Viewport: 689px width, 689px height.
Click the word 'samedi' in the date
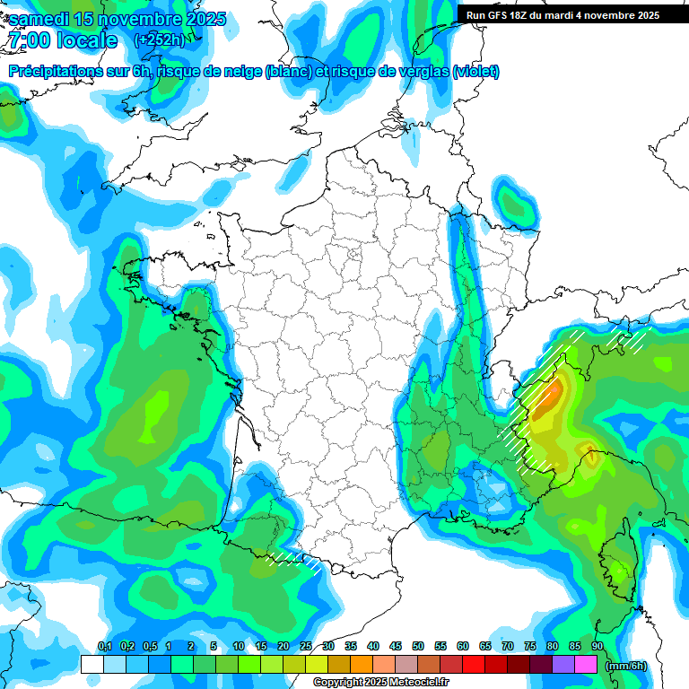(39, 20)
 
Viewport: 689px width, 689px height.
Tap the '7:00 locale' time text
(63, 40)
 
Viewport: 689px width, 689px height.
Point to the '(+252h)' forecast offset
(159, 39)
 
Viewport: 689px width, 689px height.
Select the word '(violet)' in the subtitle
(476, 72)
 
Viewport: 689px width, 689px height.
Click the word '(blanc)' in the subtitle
(289, 72)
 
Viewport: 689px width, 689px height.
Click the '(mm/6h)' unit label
(626, 665)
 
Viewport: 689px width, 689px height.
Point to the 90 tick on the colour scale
(597, 646)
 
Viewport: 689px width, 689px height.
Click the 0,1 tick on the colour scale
(104, 646)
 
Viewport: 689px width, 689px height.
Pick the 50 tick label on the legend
(418, 646)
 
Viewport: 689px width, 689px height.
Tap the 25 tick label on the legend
(306, 646)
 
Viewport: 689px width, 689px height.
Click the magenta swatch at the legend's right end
(586, 665)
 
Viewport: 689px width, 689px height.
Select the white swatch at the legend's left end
(92, 665)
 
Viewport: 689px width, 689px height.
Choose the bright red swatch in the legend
(474, 665)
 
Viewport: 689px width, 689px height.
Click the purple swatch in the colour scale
(563, 665)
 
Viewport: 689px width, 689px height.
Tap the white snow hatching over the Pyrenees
(296, 560)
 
